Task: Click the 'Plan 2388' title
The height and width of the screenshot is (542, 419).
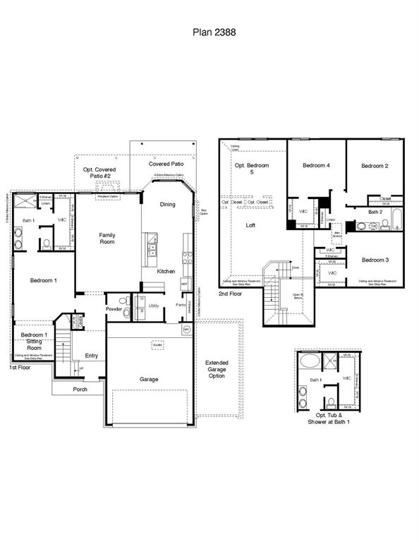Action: (x=209, y=32)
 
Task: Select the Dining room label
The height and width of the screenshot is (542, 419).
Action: (x=167, y=204)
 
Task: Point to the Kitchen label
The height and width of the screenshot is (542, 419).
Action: (x=166, y=271)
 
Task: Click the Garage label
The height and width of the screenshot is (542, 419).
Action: (x=148, y=379)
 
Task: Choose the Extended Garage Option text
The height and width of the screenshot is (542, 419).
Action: (x=217, y=369)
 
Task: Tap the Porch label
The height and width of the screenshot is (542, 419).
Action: (x=80, y=389)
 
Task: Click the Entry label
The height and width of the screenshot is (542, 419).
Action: (x=92, y=356)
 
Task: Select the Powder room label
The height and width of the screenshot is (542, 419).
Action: (x=115, y=308)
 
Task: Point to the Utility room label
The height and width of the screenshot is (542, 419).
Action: (x=154, y=305)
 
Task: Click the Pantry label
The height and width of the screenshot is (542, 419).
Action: (x=181, y=304)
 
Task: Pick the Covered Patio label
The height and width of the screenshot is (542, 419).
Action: (x=166, y=164)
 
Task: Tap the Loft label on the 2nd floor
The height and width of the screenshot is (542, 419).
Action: (x=250, y=226)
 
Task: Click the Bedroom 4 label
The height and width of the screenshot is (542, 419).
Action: (x=317, y=165)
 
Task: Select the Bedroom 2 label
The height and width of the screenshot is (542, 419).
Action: (x=375, y=165)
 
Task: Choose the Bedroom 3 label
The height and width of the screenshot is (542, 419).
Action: (x=375, y=260)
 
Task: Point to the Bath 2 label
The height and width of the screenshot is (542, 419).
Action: (x=375, y=212)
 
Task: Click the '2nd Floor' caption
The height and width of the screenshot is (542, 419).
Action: (x=230, y=292)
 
